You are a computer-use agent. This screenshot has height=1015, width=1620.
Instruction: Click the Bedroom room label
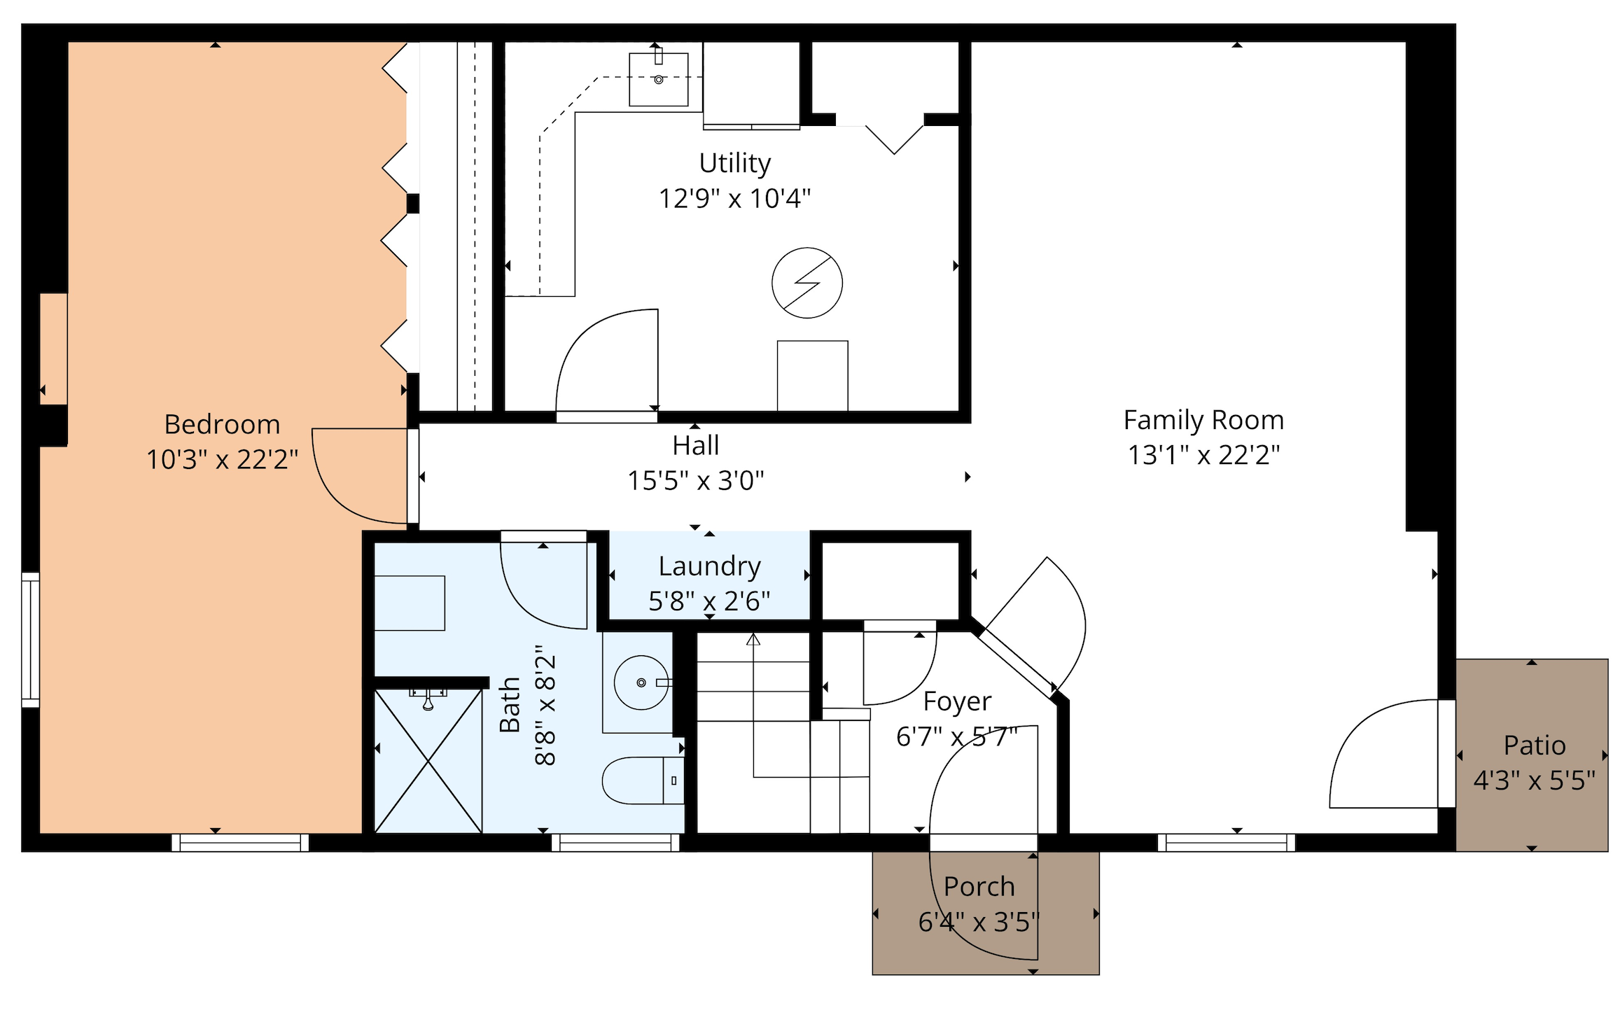click(222, 424)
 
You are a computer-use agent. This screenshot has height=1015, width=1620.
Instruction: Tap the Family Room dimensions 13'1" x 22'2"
click(1203, 455)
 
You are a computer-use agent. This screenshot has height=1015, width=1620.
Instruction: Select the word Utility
click(735, 163)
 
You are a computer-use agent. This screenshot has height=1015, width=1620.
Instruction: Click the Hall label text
click(695, 445)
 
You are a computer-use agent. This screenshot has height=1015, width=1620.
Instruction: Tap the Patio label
click(1535, 745)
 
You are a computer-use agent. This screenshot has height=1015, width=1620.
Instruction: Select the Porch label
click(979, 887)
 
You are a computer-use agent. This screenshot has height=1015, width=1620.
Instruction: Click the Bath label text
click(510, 705)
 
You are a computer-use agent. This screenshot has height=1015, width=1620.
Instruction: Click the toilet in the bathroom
click(643, 780)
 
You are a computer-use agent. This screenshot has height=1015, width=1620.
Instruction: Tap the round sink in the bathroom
click(641, 682)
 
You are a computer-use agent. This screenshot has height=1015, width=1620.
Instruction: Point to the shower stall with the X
click(428, 761)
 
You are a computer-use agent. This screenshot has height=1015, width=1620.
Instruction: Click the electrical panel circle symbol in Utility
click(807, 283)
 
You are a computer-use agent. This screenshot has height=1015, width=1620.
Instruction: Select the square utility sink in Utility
click(658, 79)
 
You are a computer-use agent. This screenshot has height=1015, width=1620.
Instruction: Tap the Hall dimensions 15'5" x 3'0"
click(695, 481)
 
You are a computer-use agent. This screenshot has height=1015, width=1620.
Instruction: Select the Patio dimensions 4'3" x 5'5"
click(1534, 780)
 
